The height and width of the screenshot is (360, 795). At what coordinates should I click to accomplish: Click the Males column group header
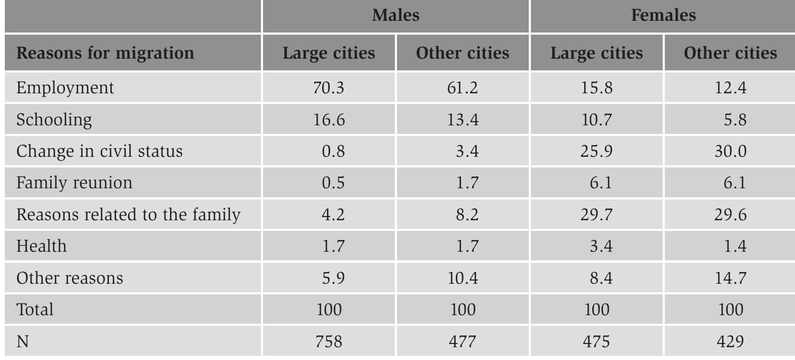pyautogui.click(x=395, y=15)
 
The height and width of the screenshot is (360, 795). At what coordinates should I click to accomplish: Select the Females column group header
pyautogui.click(x=663, y=15)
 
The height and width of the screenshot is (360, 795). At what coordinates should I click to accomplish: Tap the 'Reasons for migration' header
pyautogui.click(x=105, y=53)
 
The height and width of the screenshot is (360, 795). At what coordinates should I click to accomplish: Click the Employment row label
pyautogui.click(x=65, y=87)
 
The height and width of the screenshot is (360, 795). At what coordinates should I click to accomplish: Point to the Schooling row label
pyautogui.click(x=54, y=119)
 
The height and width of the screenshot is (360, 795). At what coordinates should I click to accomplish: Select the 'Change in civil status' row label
pyautogui.click(x=99, y=151)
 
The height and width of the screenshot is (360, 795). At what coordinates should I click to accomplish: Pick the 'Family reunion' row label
pyautogui.click(x=74, y=183)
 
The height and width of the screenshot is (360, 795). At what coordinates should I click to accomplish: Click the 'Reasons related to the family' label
pyautogui.click(x=128, y=214)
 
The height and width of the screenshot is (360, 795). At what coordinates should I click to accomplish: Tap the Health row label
pyautogui.click(x=42, y=246)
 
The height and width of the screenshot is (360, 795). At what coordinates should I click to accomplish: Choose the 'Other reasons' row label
pyautogui.click(x=69, y=278)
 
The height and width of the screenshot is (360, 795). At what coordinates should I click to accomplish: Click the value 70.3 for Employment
pyautogui.click(x=329, y=87)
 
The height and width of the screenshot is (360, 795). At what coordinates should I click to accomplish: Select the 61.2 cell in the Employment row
pyautogui.click(x=463, y=87)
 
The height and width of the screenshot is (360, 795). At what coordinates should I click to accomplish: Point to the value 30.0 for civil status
pyautogui.click(x=730, y=151)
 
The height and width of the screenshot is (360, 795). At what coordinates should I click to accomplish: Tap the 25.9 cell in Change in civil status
pyautogui.click(x=597, y=151)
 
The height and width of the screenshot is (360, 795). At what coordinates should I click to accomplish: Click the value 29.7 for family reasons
pyautogui.click(x=597, y=214)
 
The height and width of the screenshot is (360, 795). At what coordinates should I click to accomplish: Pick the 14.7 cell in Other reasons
pyautogui.click(x=730, y=278)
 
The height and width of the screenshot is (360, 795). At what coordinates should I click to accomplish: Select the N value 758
pyautogui.click(x=329, y=341)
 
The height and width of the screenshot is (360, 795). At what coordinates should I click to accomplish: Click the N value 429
pyautogui.click(x=730, y=341)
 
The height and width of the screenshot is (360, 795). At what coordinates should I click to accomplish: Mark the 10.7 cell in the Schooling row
pyautogui.click(x=597, y=119)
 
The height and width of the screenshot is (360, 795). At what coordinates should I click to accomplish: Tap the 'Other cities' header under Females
pyautogui.click(x=730, y=53)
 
